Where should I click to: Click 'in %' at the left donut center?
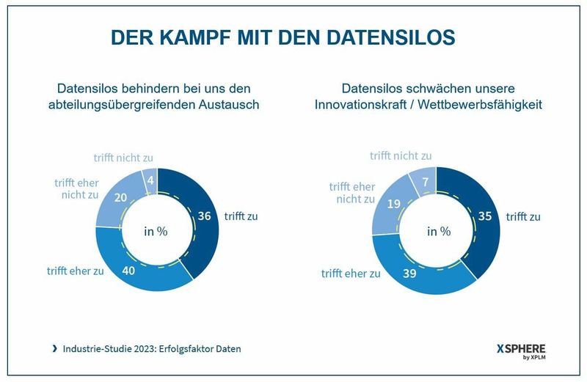tap(156, 231)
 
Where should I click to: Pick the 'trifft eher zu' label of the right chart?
tap(350, 273)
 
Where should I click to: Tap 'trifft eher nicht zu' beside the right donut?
tap(351, 193)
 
